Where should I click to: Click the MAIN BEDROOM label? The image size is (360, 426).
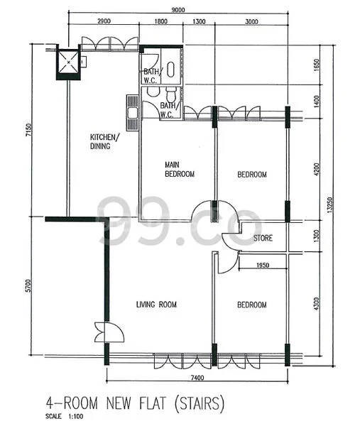pos(179,168)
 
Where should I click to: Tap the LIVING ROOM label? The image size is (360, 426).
pos(156,305)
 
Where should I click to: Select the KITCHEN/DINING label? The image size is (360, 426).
pos(104,141)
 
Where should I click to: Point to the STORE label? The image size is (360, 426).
pos(263,238)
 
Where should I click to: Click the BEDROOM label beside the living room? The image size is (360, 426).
pos(251,305)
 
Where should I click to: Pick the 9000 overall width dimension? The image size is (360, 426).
pos(178,9)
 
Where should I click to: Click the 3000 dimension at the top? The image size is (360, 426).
pos(251,23)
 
